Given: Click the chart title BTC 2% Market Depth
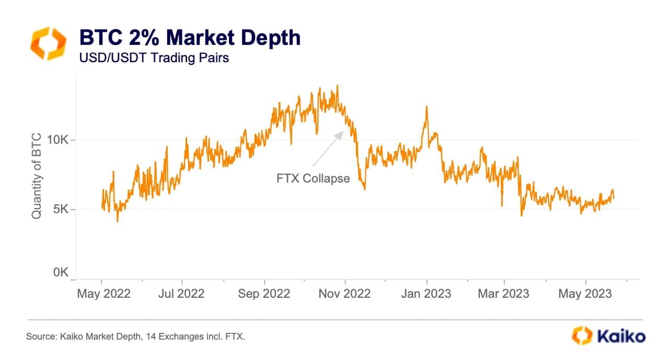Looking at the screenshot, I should [189, 38].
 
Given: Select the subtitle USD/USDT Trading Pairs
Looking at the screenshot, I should [154, 57].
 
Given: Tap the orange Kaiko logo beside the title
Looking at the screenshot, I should [49, 43].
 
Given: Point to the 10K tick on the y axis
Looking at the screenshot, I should [57, 140].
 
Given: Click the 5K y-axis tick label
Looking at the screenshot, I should [61, 210].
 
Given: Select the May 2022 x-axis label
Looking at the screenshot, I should [103, 294].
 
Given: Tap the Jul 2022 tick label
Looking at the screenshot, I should [182, 294].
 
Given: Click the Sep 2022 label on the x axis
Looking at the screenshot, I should [264, 294].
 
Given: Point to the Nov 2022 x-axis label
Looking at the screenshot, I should [345, 294].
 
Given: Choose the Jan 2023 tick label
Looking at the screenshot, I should [426, 294].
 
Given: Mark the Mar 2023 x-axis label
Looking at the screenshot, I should [503, 294].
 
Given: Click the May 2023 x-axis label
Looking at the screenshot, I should [585, 294].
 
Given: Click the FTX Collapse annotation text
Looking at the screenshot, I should [313, 178].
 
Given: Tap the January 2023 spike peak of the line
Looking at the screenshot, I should [426, 108].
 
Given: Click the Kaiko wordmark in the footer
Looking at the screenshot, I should [621, 335].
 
